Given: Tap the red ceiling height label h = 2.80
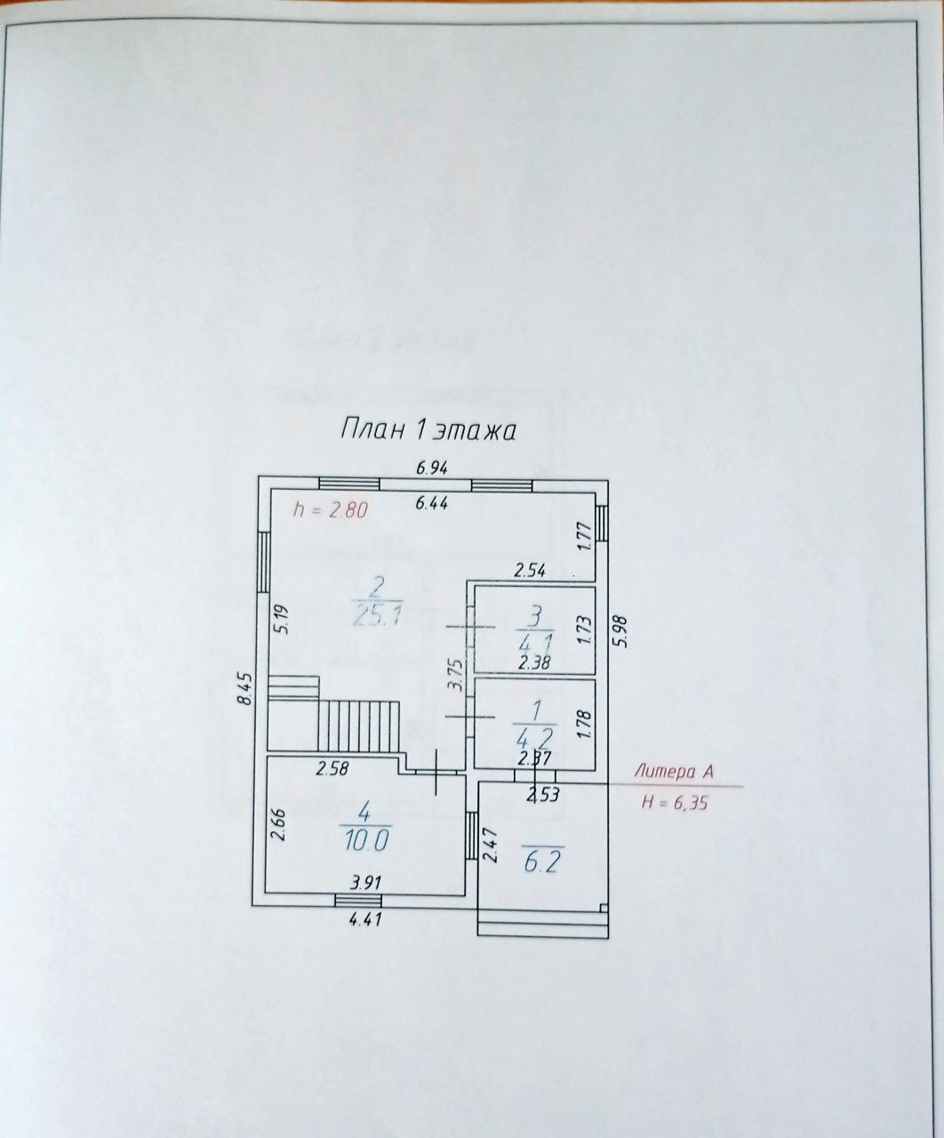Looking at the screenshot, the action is click(x=330, y=510).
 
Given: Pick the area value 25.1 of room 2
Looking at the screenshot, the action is click(x=377, y=615).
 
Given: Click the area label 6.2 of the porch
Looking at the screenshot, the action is click(x=540, y=862).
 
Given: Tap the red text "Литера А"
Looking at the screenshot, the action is click(x=673, y=773).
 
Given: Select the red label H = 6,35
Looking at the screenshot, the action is click(x=676, y=801).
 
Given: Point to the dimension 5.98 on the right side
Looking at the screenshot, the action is click(x=620, y=631).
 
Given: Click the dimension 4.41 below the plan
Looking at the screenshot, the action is click(x=365, y=920).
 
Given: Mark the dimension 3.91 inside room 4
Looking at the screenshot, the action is click(x=366, y=884).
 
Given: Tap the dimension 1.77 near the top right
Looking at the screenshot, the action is click(x=584, y=537).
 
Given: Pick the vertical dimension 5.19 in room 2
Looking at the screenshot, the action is click(x=282, y=619).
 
